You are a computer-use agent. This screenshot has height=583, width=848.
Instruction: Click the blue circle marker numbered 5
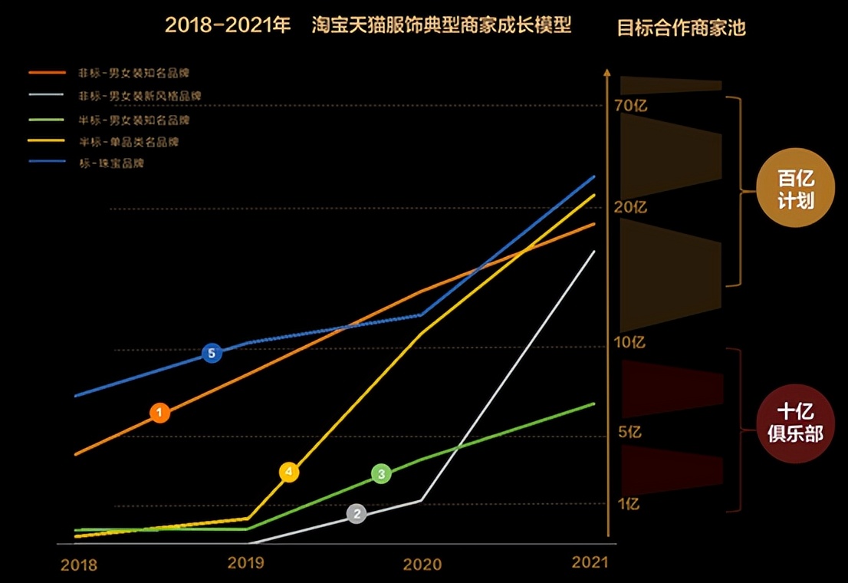(212, 354)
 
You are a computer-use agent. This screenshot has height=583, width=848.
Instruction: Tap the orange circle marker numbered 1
(159, 413)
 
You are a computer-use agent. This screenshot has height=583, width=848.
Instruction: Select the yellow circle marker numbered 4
(289, 473)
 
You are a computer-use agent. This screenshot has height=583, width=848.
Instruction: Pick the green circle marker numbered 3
(381, 474)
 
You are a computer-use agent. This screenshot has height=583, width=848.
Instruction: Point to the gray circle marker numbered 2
(356, 514)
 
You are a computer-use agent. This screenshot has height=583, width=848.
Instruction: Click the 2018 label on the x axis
(79, 565)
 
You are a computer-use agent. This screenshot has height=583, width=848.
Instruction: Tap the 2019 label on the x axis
(246, 562)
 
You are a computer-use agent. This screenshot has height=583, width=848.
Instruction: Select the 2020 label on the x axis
(422, 565)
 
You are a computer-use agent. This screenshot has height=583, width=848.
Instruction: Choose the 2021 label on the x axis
(590, 562)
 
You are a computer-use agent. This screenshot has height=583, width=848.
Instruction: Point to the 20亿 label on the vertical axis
(632, 207)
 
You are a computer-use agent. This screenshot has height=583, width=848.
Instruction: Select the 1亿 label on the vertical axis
(629, 504)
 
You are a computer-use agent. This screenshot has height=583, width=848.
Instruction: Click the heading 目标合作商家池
(682, 28)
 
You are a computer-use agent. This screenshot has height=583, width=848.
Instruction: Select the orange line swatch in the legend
(48, 74)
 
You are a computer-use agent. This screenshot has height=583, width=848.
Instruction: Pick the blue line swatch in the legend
(48, 163)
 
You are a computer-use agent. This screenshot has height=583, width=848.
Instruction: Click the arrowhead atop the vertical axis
(606, 74)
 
